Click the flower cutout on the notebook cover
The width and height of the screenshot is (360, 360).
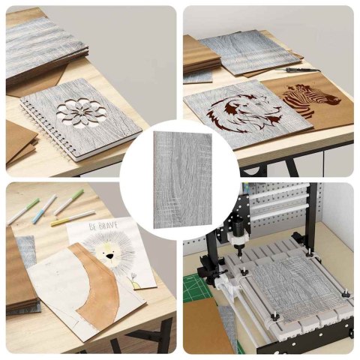79,112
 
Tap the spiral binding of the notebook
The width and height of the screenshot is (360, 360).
46,130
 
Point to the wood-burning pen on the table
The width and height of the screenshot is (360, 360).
298,70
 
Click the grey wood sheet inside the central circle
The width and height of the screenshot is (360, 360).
182,180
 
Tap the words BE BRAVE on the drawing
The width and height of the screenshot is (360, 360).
103,226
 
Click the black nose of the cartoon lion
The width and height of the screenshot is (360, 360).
109,256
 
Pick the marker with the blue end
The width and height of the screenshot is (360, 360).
44,208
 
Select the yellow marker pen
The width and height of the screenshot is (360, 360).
73,218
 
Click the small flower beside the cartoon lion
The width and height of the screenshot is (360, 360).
133,276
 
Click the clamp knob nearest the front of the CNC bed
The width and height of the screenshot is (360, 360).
275,316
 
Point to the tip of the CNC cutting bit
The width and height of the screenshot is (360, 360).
240,256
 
